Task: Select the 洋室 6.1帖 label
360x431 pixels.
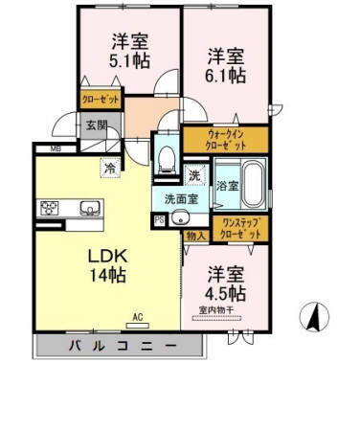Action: click(226, 63)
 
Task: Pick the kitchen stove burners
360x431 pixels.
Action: click(50, 208)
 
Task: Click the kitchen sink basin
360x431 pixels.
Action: click(91, 208)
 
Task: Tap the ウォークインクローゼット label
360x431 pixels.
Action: click(226, 140)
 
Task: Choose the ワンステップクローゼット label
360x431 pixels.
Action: click(239, 228)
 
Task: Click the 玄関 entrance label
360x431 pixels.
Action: click(95, 125)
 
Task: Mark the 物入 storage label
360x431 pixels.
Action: click(194, 235)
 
